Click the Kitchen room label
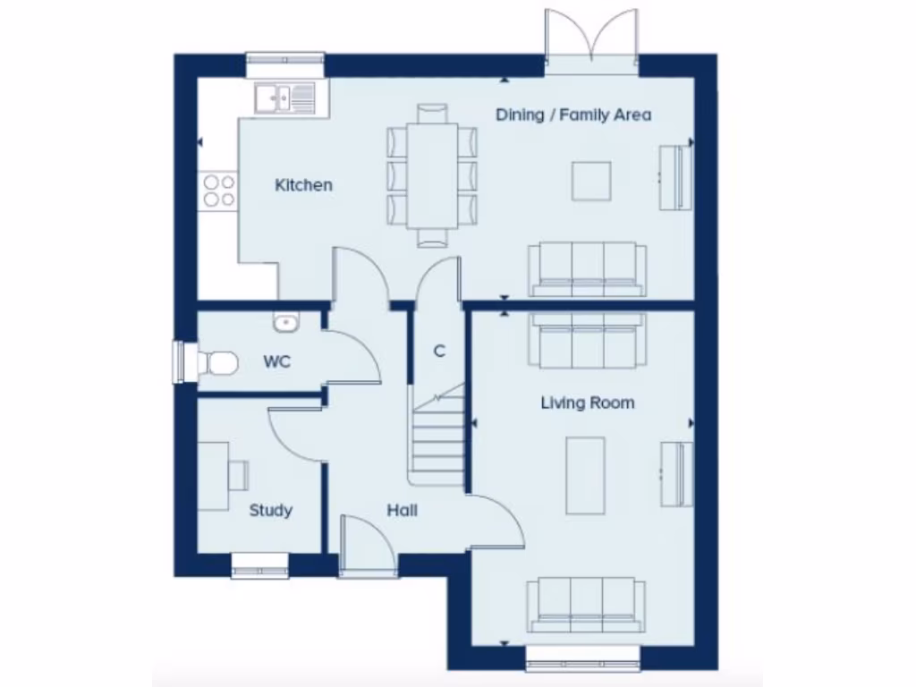pos(303,185)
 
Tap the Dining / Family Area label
pos(573,114)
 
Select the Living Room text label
pos(588,403)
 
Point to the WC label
pos(276,362)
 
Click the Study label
pos(270,511)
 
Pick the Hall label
pos(402,511)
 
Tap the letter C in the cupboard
pos(439,352)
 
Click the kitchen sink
pos(284,97)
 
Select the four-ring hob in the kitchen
pos(219,191)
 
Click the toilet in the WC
pos(215,362)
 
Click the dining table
pos(432,174)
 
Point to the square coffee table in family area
pos(593,182)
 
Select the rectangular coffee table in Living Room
pos(585,475)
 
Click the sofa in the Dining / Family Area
pos(587,269)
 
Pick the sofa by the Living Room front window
pos(587,604)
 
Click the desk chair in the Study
pos(238,475)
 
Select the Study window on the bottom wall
pos(260,564)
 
